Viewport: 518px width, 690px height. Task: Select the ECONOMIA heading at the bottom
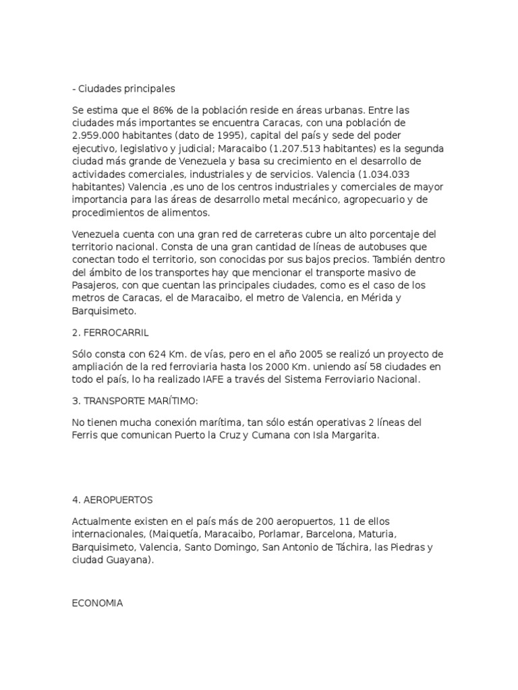pos(97,603)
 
